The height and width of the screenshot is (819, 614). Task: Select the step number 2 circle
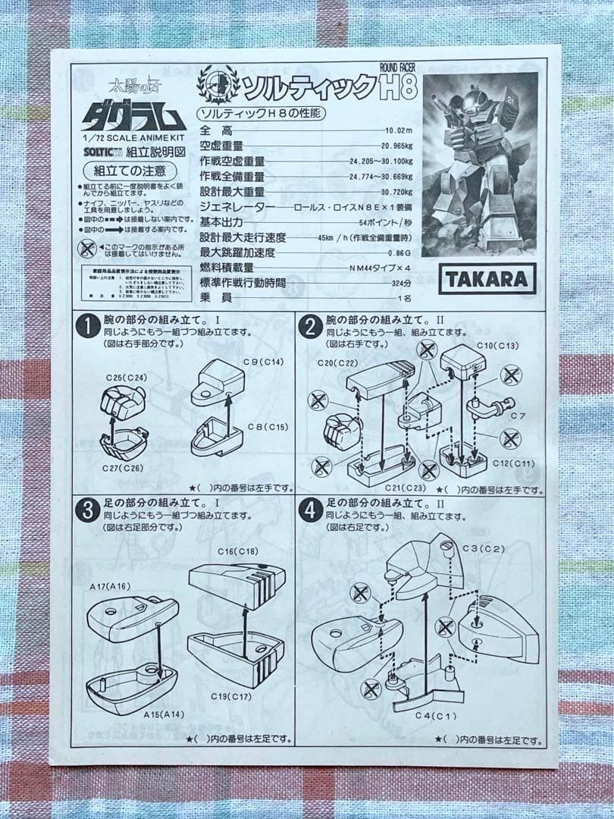click(x=309, y=327)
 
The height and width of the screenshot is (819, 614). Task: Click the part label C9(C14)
click(x=263, y=362)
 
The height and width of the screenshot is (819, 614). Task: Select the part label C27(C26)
click(x=121, y=469)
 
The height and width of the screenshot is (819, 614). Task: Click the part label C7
click(x=518, y=416)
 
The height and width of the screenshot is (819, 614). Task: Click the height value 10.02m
click(x=398, y=131)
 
